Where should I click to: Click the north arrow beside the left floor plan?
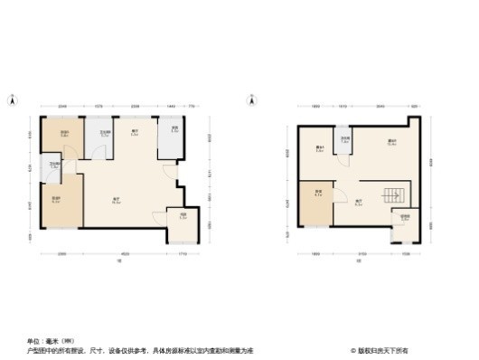[x=13, y=99]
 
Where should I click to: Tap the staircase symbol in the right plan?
[x=393, y=195]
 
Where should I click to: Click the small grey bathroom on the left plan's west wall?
[x=55, y=166]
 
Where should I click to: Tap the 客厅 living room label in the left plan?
[x=117, y=201]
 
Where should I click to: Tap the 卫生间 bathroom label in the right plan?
[x=344, y=139]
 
